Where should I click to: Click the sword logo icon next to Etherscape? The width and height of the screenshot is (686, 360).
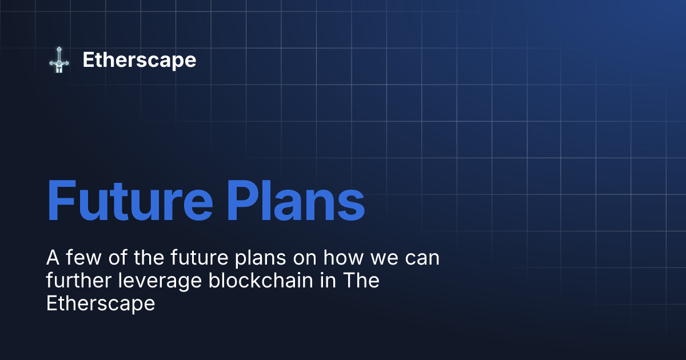point(58,60)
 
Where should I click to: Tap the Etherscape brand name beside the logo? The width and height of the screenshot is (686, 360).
point(139,60)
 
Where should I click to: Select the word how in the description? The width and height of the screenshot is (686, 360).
point(341,258)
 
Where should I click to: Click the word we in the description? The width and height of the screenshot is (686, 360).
point(381,258)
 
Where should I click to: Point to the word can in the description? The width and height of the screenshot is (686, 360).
point(422,258)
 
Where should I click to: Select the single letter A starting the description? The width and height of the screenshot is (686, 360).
point(52,258)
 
